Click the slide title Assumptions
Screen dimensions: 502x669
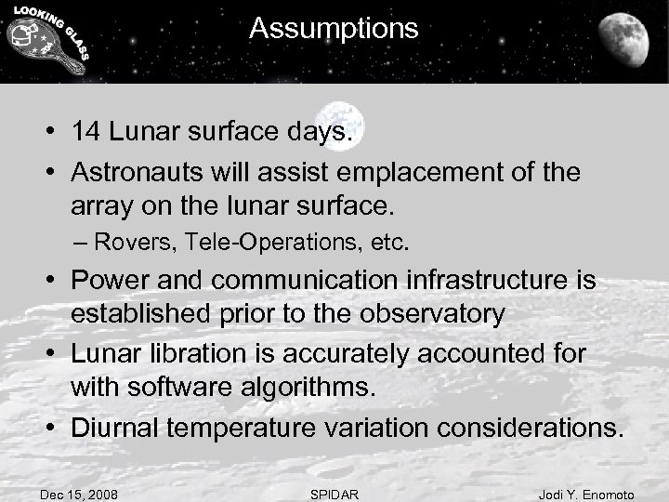(x=334, y=30)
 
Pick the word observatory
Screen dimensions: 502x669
(x=429, y=314)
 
